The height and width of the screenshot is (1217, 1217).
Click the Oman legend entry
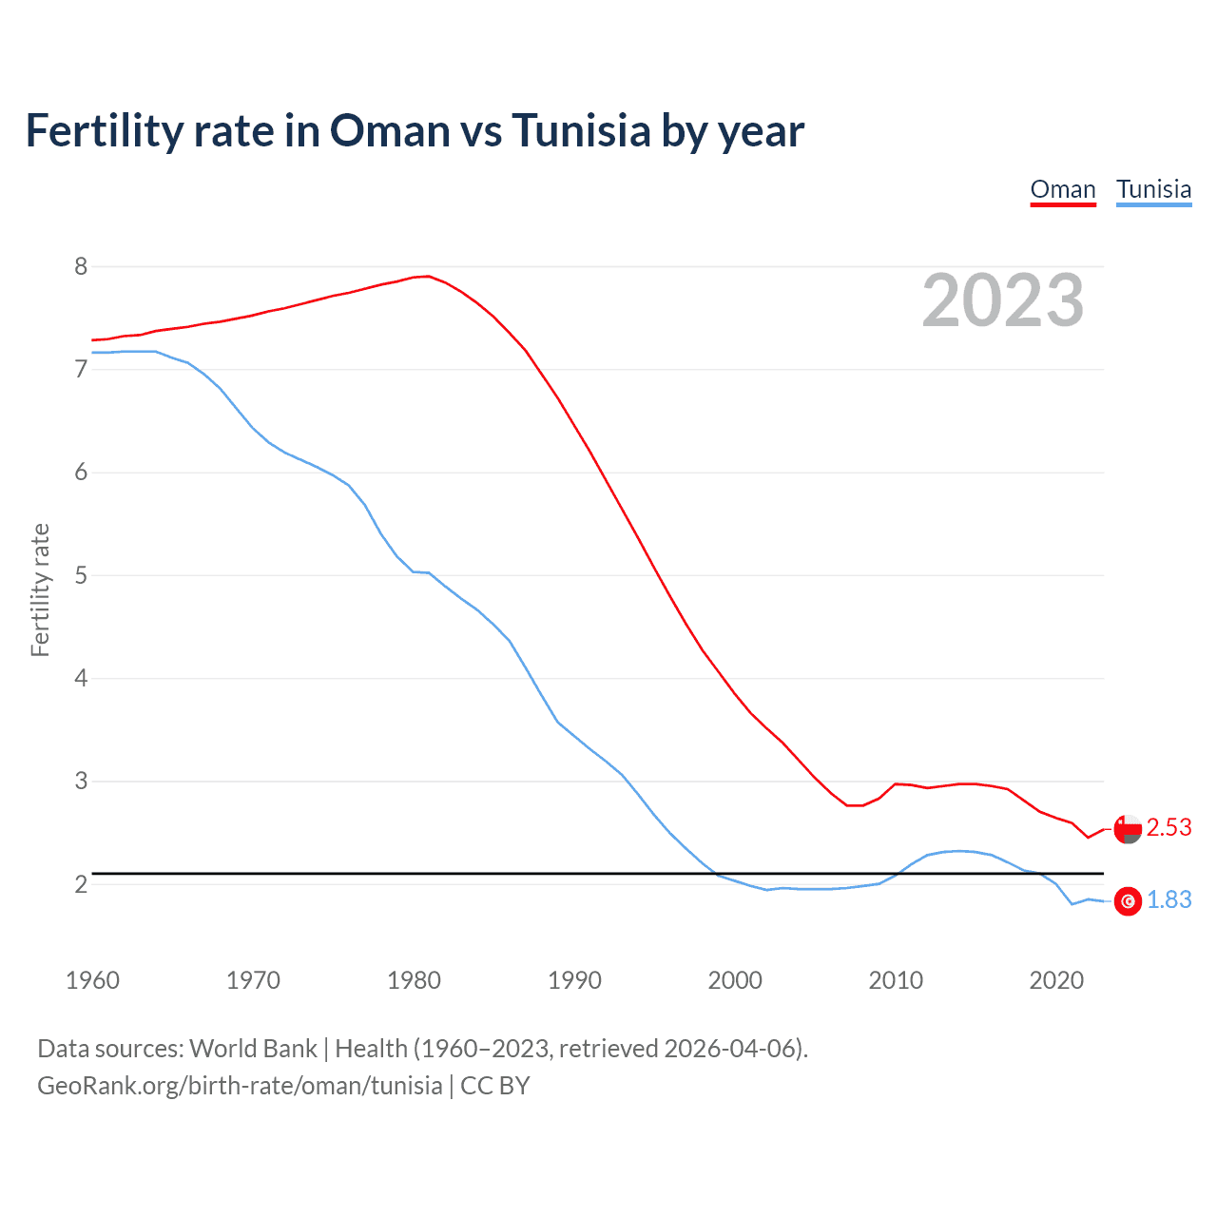coord(1063,189)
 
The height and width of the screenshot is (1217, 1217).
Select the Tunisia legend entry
coord(1153,189)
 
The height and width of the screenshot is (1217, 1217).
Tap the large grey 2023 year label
coord(1003,300)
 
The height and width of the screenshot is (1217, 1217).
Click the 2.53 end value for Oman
coord(1169,828)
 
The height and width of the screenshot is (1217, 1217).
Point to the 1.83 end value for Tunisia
coord(1169,900)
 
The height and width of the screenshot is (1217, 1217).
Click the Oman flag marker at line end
coord(1128,828)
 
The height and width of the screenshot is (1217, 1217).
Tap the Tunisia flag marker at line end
coord(1128,901)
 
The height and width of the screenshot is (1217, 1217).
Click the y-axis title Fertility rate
coord(40,589)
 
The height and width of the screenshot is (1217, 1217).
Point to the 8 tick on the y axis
coord(81,266)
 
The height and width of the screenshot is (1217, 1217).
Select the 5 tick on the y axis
coord(81,575)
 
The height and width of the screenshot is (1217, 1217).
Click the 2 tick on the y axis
coord(81,884)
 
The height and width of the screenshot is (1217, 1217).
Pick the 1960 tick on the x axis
coord(92,980)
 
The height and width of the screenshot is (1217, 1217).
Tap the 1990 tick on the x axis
coord(574,980)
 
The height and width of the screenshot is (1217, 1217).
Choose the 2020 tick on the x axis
coord(1056,980)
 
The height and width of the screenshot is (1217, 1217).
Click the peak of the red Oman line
coord(428,276)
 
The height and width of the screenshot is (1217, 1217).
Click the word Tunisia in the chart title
coord(582,130)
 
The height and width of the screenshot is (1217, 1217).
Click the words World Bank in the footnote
coord(253,1049)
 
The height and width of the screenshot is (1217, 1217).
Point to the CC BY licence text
coord(495,1086)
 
